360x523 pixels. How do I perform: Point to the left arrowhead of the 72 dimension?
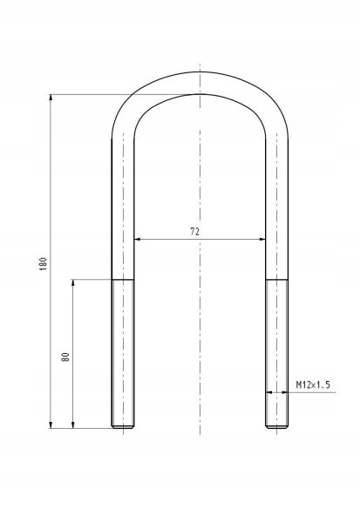[x=137, y=238]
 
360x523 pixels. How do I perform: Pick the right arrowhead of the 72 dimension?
[x=262, y=238]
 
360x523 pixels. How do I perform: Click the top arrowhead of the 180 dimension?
[x=51, y=98]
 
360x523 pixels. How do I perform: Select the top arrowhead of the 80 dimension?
[x=73, y=282]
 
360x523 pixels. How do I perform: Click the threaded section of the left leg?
[x=123, y=353]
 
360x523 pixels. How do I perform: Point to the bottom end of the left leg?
[x=123, y=426]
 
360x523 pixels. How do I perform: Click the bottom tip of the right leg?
[x=276, y=426]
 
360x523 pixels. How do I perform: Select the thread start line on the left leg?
[x=123, y=279]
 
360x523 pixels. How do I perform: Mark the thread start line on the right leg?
[x=276, y=279]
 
